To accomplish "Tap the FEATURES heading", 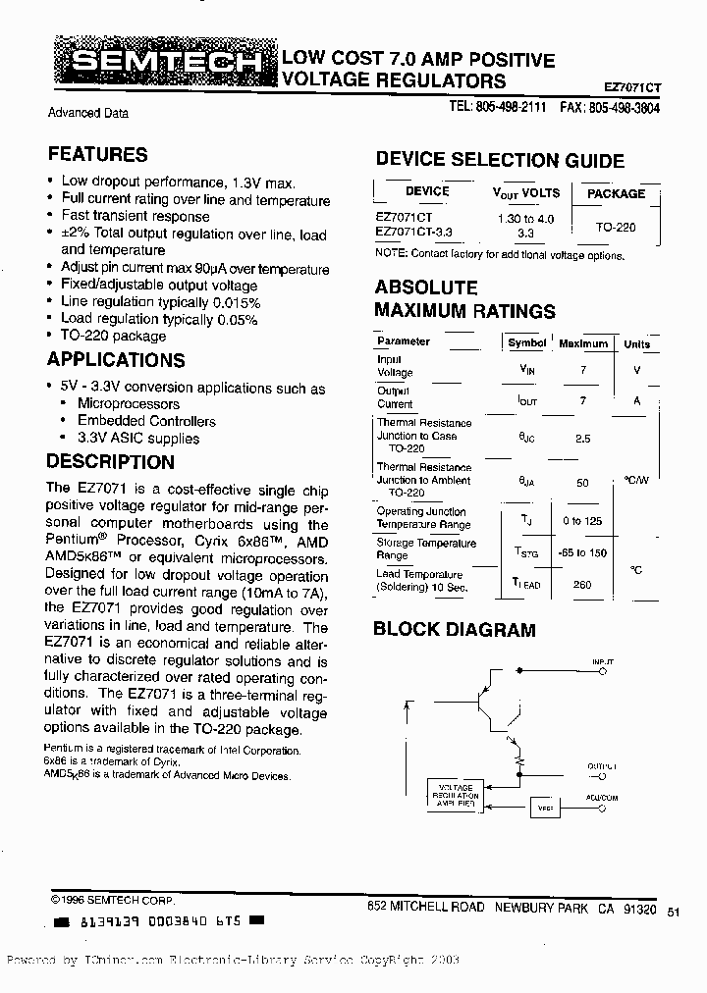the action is click(x=97, y=154).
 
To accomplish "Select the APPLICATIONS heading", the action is click(x=116, y=360).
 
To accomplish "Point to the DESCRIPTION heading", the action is click(x=111, y=462).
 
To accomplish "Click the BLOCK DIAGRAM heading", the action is click(x=455, y=630).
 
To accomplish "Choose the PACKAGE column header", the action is click(x=616, y=193).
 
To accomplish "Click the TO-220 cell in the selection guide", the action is click(x=616, y=226).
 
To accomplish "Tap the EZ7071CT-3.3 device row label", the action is click(x=415, y=232).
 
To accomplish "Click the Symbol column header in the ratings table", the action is click(x=526, y=343).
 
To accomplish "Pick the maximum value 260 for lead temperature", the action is click(x=583, y=583).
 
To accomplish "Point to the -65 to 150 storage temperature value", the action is click(x=583, y=552).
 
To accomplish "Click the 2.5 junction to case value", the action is click(x=583, y=439).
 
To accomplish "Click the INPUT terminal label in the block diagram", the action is click(x=603, y=664).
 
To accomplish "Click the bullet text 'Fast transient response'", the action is click(x=136, y=216).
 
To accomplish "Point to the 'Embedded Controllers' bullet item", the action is click(x=146, y=421).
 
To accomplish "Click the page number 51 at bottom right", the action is click(x=673, y=912).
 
